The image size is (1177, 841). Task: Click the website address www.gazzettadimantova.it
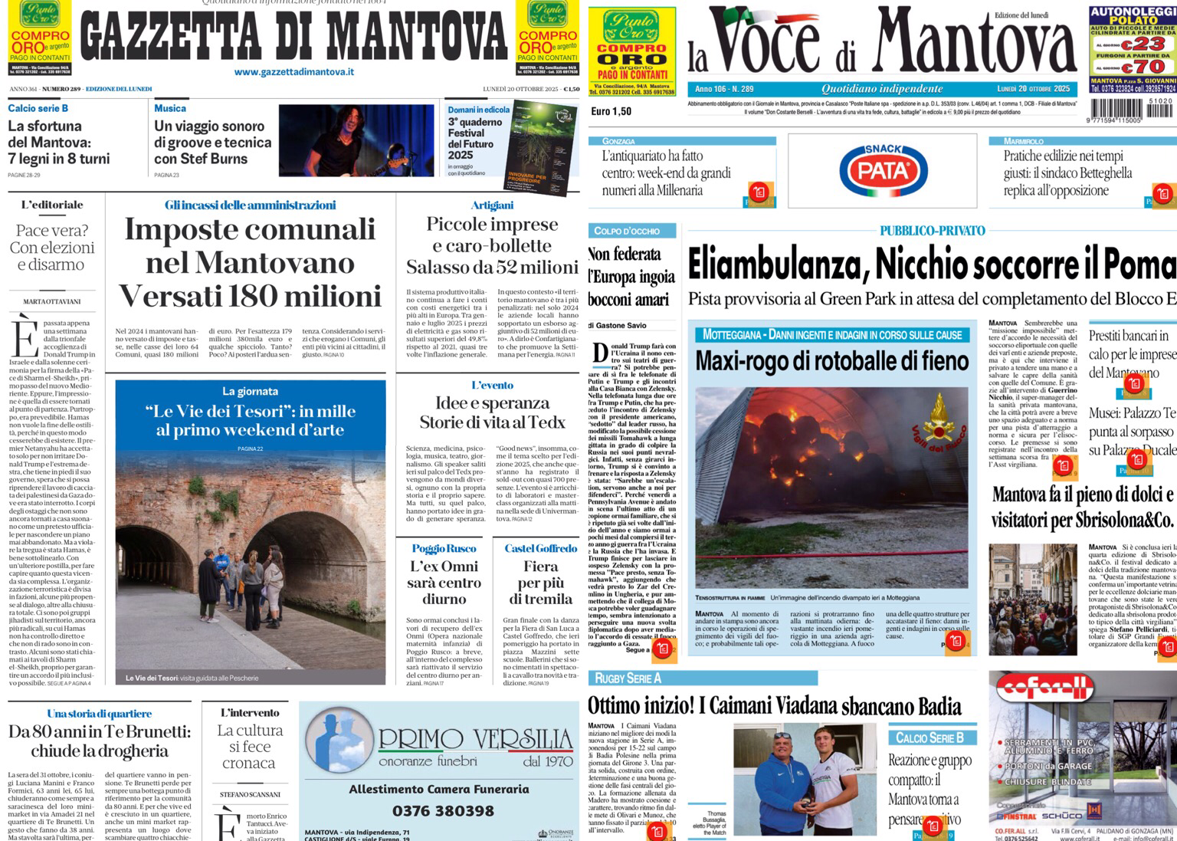[x=294, y=72]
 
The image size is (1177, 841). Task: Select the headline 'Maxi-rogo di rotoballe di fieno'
[x=832, y=360]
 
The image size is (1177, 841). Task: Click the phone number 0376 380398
[x=443, y=811]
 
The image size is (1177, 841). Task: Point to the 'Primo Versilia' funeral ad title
[x=475, y=740]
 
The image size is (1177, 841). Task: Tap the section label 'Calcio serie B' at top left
[x=38, y=109]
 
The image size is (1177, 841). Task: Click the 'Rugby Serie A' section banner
[x=628, y=678]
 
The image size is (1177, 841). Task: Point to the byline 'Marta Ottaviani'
[x=52, y=301]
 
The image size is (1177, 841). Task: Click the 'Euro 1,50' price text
[x=611, y=111]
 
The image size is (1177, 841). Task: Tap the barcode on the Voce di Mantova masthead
[x=1131, y=111]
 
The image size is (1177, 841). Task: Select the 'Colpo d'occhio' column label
[x=627, y=231]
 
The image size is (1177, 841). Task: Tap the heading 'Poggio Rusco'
[x=444, y=548]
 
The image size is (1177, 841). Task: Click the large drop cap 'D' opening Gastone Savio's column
[x=601, y=353]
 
